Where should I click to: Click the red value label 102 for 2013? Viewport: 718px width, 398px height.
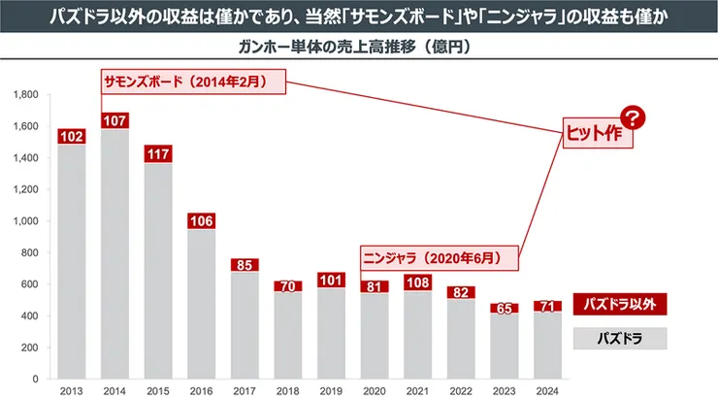click(x=71, y=137)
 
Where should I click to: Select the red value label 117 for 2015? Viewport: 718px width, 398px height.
click(x=158, y=153)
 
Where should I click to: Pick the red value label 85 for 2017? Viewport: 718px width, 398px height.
click(x=245, y=264)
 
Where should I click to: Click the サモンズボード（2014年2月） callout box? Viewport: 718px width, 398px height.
click(x=195, y=83)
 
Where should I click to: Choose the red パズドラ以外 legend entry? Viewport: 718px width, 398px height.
click(x=620, y=305)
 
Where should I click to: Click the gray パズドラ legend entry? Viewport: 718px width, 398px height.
click(x=620, y=339)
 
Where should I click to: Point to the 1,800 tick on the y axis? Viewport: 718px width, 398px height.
click(x=24, y=95)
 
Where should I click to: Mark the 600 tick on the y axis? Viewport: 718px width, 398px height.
click(x=28, y=284)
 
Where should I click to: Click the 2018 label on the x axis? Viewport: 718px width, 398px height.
click(x=288, y=390)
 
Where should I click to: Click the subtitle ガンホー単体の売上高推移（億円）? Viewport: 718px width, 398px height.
click(x=359, y=47)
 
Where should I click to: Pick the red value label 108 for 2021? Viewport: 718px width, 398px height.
click(x=417, y=283)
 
